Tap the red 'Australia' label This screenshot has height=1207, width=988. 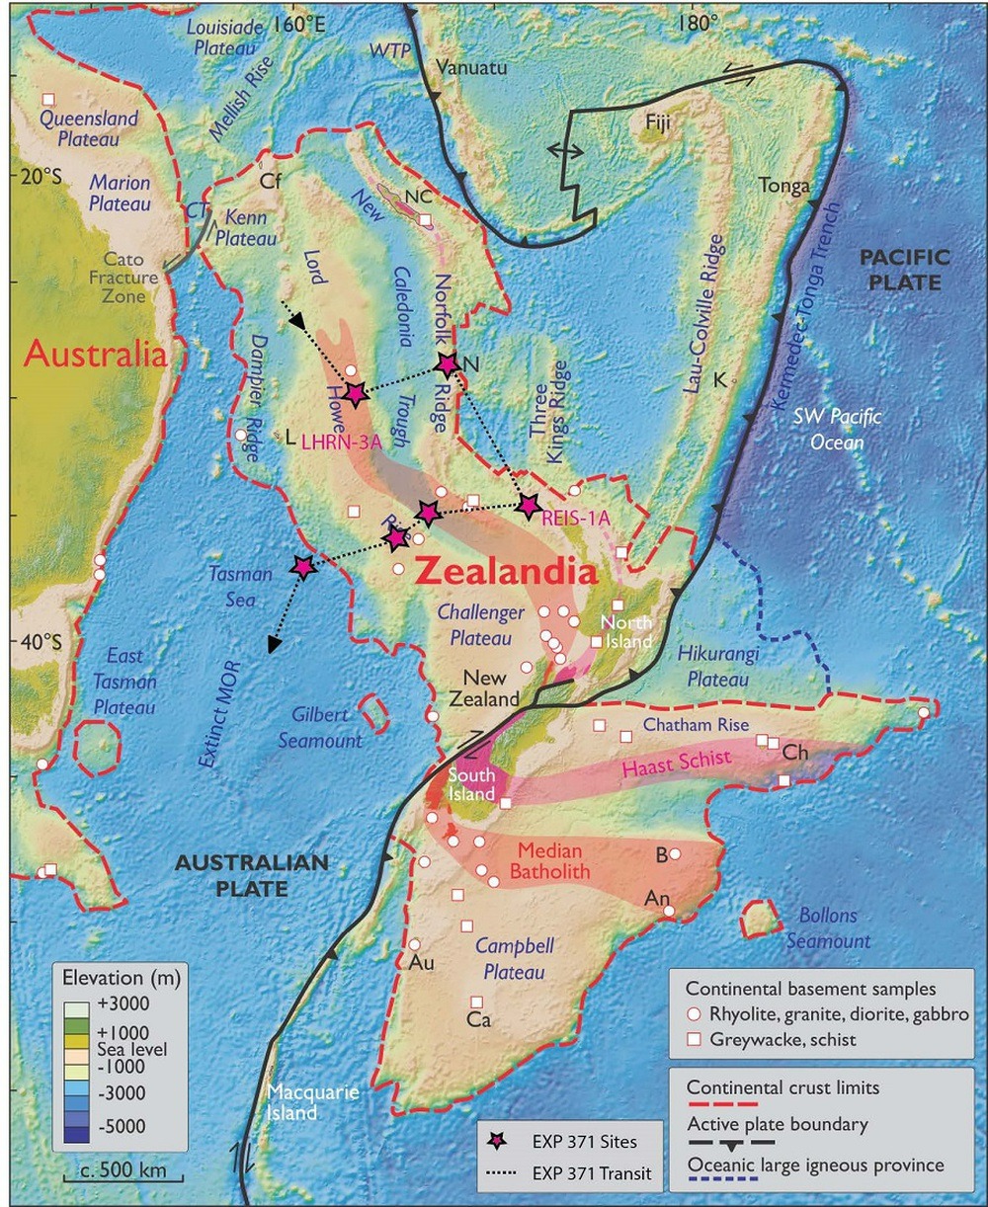pos(95,354)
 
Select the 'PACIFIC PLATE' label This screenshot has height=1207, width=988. pos(904,270)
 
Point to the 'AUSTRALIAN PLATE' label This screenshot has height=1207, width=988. pos(251,875)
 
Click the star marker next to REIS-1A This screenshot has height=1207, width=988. pos(529,506)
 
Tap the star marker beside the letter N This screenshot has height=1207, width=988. pos(448,364)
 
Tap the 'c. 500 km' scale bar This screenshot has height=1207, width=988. pos(116,1174)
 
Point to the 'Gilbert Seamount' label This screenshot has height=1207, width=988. pos(328,727)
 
